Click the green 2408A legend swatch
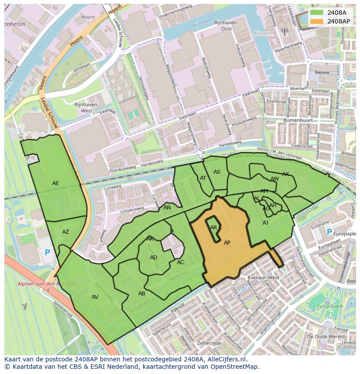317,13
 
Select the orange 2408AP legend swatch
317,21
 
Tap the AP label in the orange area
227,243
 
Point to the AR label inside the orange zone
213,228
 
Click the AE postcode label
55,183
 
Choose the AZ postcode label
65,232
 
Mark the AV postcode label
95,297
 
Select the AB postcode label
142,294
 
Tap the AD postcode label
153,258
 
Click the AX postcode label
286,174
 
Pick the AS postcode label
217,172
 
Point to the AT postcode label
203,178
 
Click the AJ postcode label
265,223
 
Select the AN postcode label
167,208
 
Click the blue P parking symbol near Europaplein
329,232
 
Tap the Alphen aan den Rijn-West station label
48,284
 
